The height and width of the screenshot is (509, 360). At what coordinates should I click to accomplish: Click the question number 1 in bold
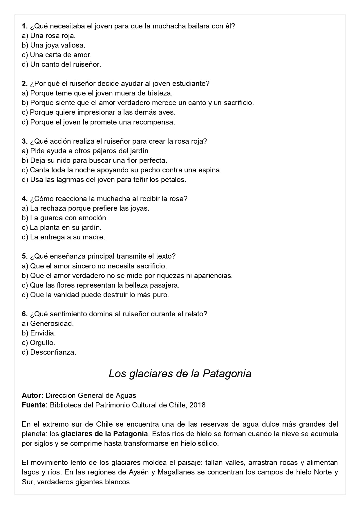click(24, 26)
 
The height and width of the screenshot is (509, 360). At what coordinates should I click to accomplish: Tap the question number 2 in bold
click(24, 84)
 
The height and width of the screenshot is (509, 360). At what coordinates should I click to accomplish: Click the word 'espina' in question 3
click(211, 170)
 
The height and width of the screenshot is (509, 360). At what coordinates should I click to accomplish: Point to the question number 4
click(24, 199)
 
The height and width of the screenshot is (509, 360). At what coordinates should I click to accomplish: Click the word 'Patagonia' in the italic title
click(227, 373)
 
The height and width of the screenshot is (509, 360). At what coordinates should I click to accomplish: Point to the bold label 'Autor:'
click(32, 395)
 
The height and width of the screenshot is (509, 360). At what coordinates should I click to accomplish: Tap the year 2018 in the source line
click(197, 405)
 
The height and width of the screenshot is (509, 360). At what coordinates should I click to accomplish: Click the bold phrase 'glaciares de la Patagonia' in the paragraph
click(104, 434)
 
